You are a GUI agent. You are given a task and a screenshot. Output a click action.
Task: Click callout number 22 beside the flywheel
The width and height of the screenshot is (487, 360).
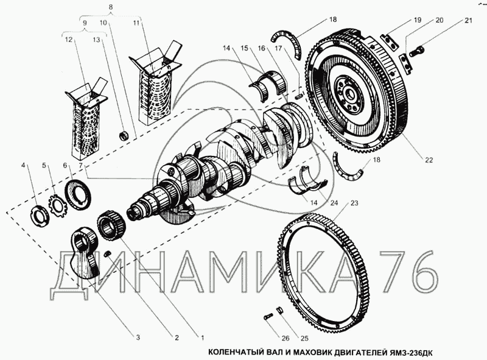429,160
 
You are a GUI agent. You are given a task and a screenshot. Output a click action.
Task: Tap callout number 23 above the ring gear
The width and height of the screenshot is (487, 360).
354,203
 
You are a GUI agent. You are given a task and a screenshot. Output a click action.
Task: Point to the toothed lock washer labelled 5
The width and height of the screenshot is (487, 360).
58,206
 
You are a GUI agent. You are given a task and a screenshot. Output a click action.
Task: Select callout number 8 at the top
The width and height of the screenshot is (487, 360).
111,7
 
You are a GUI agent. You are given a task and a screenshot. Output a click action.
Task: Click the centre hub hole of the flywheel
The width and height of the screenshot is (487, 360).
351,93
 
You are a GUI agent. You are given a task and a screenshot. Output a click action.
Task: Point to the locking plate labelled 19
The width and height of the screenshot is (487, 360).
391,42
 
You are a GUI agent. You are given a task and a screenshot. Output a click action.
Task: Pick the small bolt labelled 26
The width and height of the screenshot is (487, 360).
268,317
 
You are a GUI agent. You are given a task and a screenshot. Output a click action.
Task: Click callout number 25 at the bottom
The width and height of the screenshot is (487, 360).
304,338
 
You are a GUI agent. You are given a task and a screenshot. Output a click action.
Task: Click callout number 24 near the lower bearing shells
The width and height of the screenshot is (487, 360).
334,203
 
